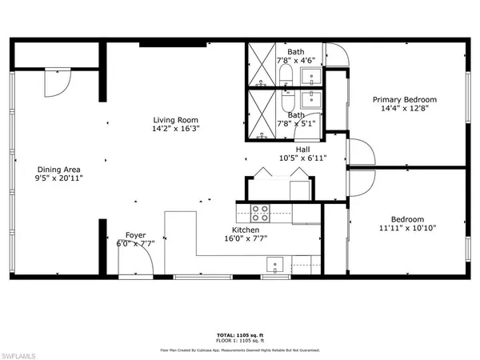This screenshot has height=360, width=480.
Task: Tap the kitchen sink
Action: click(x=274, y=265)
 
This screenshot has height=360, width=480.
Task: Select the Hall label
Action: click(x=302, y=148)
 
